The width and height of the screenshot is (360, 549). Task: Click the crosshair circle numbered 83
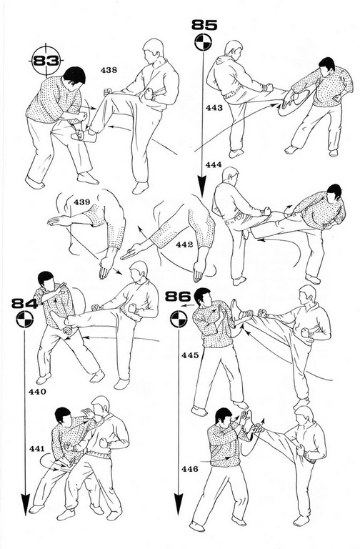[x=46, y=61]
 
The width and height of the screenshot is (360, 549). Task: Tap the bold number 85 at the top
[x=205, y=25]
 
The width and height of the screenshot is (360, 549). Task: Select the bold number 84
[x=24, y=303]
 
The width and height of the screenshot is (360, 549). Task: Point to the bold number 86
[x=178, y=297]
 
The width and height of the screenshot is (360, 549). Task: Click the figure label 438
[x=109, y=70]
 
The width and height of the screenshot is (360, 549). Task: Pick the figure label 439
[x=82, y=202]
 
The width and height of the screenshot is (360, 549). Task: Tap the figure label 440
[x=37, y=392]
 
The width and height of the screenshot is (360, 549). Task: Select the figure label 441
[x=36, y=448]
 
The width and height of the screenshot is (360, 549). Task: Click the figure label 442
[x=185, y=244]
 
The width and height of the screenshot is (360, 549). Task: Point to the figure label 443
[x=214, y=107]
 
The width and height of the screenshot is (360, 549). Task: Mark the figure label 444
[x=214, y=164]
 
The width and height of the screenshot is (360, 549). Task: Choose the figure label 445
[x=190, y=355]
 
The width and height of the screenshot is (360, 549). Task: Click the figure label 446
[x=190, y=469]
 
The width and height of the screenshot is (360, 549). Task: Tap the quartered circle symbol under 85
[x=204, y=42]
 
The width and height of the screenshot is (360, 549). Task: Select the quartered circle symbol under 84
[x=24, y=320]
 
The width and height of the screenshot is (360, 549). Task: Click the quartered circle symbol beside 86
[x=179, y=320]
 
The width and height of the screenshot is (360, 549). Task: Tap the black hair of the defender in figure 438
[x=75, y=74]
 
